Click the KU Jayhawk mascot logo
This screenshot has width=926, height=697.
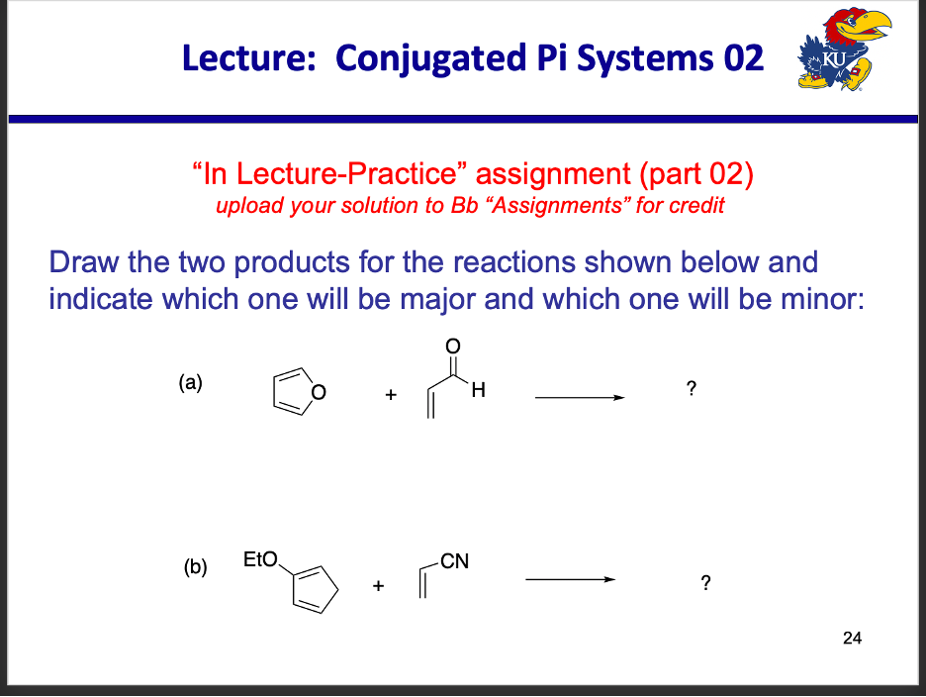842,56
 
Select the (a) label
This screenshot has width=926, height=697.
190,382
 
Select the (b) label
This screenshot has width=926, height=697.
195,568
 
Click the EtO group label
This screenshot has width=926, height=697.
260,560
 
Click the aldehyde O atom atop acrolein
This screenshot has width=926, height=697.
453,346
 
